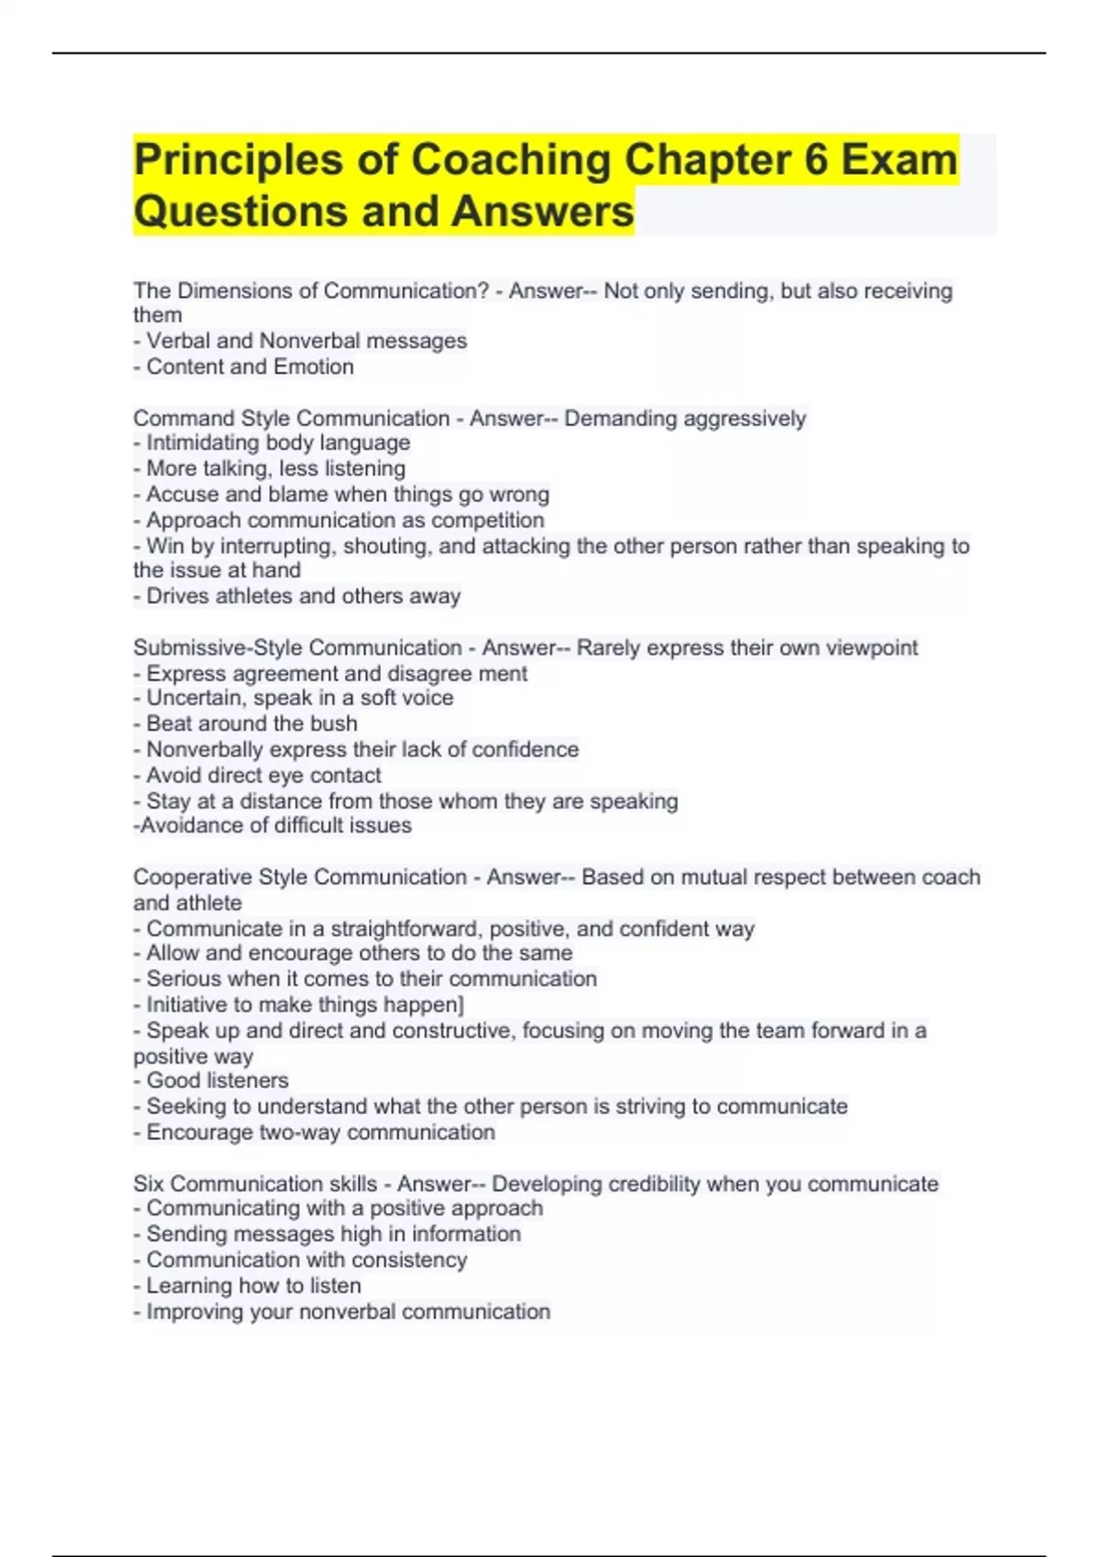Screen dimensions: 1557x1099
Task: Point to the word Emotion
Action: [x=310, y=366]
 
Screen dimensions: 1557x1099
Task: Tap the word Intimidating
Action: [x=204, y=442]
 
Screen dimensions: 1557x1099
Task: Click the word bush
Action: [x=333, y=724]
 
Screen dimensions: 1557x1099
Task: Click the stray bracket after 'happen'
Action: [x=461, y=1005]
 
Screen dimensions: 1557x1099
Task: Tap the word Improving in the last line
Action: [x=195, y=1312]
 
